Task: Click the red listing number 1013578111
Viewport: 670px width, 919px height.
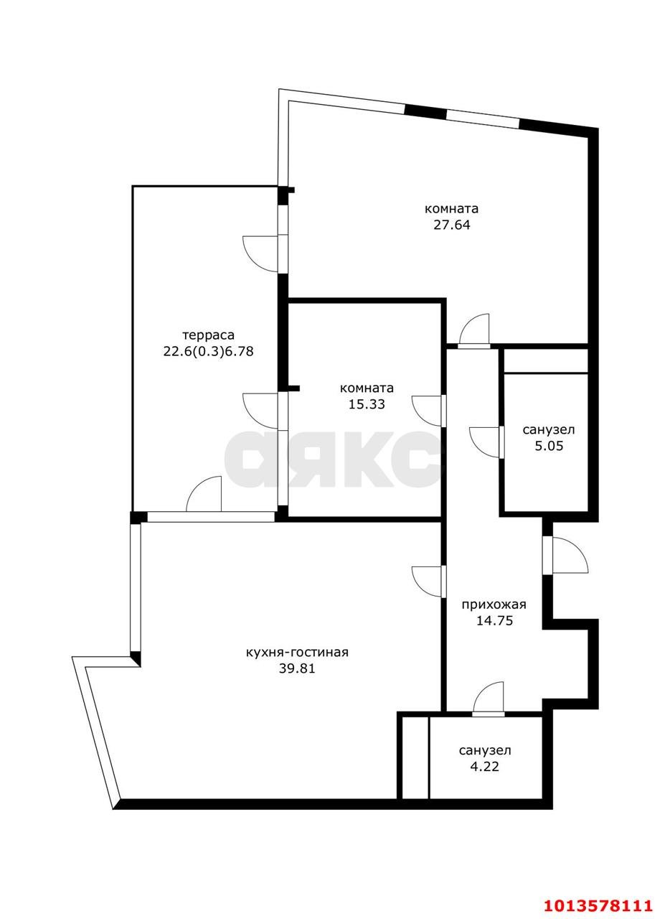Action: coord(598,903)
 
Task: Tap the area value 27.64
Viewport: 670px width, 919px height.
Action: coord(451,225)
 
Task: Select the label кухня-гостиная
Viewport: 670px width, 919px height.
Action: coord(297,653)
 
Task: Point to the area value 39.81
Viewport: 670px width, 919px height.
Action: coord(297,668)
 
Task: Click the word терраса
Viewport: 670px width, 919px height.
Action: coord(209,335)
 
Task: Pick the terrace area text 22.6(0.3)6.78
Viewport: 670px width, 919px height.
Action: coord(209,352)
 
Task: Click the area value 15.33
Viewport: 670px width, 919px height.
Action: coord(367,404)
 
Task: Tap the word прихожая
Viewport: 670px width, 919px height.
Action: coord(494,605)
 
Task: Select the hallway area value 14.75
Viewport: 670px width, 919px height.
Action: coord(494,621)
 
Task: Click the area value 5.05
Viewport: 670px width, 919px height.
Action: coord(549,446)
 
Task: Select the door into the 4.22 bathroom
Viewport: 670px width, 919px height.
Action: coord(489,699)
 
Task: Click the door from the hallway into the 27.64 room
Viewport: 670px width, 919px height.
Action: coord(474,331)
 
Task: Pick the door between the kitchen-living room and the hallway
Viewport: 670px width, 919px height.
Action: coord(429,582)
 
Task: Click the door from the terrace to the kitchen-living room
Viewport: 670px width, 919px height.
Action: coord(204,495)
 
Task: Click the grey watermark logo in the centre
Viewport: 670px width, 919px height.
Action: coord(333,459)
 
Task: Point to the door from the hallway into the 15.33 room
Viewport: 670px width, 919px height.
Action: coord(429,411)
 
